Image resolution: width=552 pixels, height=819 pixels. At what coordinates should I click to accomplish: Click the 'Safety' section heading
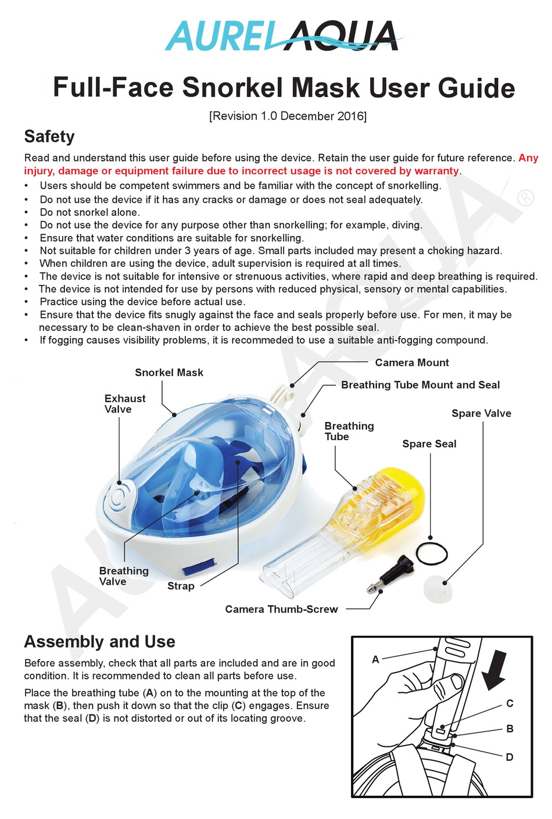[49, 137]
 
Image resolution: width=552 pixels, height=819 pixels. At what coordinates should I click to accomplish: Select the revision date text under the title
[288, 116]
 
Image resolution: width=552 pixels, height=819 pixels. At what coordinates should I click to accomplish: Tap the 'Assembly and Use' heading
[99, 642]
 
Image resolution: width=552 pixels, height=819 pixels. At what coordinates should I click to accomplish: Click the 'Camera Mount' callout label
[411, 363]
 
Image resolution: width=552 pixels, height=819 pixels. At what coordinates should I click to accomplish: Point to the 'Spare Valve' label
[481, 413]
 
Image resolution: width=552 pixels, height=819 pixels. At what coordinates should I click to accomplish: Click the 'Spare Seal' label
[429, 444]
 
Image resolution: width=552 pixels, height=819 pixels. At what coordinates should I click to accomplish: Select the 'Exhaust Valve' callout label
[124, 403]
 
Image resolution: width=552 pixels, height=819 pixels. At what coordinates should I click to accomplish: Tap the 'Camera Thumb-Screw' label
[281, 609]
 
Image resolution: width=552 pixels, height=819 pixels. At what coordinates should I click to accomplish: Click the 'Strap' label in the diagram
[181, 586]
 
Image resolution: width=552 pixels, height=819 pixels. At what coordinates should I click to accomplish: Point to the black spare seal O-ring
[432, 553]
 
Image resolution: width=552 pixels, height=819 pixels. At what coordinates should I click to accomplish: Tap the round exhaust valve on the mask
[120, 497]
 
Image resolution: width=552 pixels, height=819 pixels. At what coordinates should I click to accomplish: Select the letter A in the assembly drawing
[375, 659]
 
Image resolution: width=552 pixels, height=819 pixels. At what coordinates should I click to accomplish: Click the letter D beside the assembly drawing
[510, 756]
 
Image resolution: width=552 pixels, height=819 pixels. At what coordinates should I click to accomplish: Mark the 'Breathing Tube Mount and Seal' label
[420, 385]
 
